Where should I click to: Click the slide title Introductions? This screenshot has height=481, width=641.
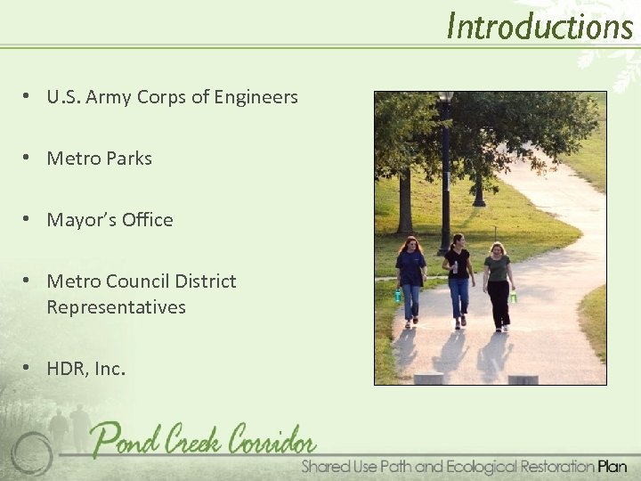539,26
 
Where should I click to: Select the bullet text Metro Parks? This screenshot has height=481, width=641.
99,159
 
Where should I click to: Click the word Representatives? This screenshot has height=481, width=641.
116,307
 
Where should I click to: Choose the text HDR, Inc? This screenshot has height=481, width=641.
85,368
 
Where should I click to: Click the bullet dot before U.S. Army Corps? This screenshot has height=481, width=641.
29,97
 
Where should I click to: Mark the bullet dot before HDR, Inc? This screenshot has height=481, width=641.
29,368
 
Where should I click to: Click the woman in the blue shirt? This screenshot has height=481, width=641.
410,277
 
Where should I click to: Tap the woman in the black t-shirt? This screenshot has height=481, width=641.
458,276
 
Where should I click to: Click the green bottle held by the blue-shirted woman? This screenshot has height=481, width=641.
398,296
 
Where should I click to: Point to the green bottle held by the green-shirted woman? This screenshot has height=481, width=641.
513,298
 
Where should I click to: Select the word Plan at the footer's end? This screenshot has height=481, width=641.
613,466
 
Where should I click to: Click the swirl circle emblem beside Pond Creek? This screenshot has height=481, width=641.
32,451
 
